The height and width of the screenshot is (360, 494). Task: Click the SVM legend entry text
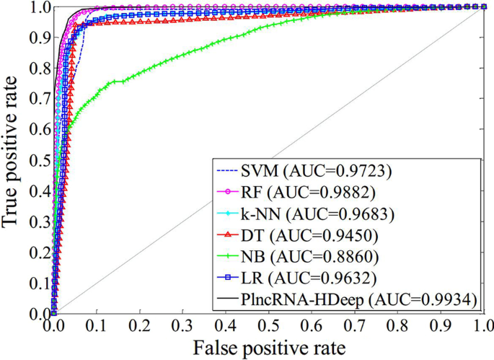click(x=308, y=172)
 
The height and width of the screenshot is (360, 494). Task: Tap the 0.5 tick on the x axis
click(x=268, y=325)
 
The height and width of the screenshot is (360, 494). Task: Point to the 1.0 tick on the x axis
click(x=483, y=325)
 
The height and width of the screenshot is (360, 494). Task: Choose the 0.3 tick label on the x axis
click(x=182, y=325)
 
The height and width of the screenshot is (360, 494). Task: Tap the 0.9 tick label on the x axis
click(x=441, y=325)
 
